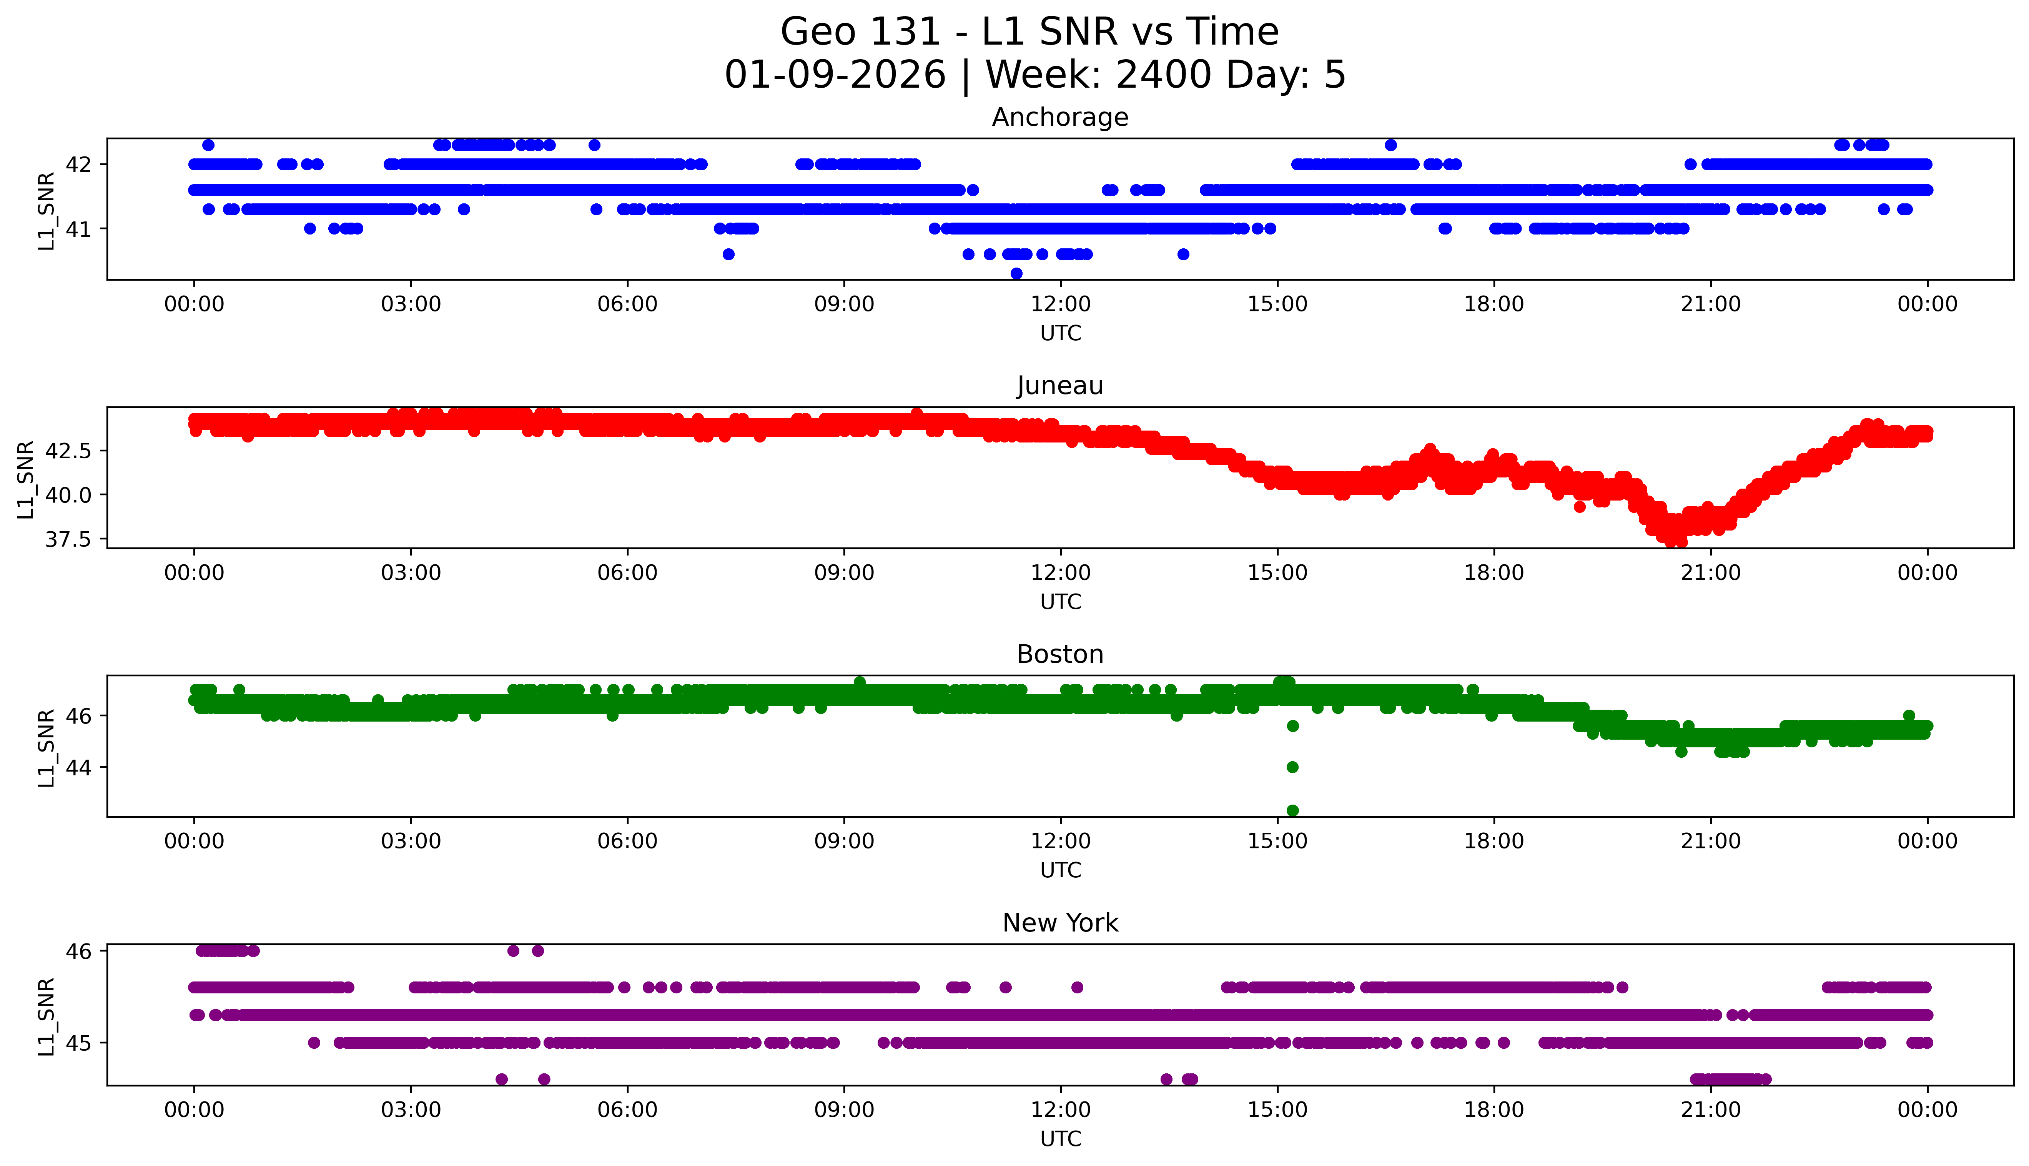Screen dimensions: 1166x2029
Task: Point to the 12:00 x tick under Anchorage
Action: coord(1060,304)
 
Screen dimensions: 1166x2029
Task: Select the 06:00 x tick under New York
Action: coord(627,1110)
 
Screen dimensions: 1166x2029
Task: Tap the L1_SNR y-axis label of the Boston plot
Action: coord(47,747)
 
